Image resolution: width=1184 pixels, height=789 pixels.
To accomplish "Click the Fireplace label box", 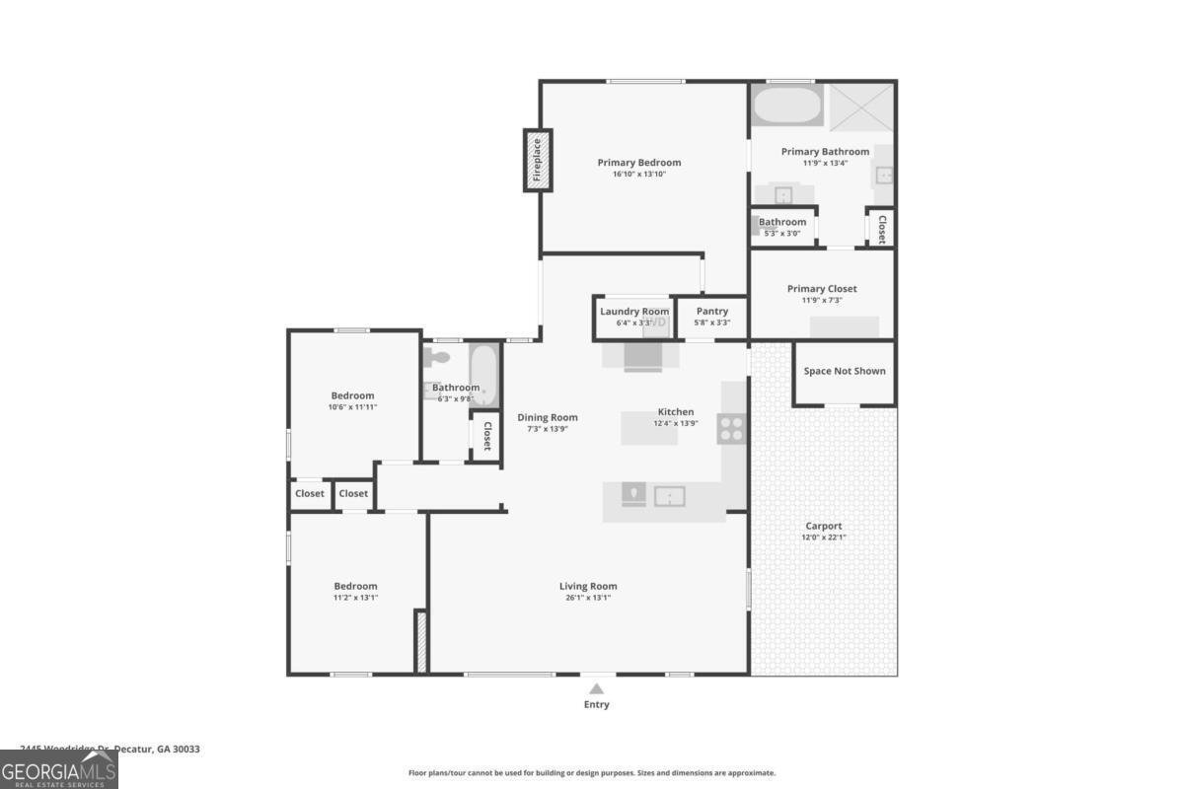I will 538,160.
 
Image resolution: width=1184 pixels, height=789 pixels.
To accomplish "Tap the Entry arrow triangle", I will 596,689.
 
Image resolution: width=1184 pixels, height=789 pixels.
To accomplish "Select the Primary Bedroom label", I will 639,163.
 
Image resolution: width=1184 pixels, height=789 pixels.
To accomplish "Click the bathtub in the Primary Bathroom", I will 786,105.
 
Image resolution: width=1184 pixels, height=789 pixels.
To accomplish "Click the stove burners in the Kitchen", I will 731,428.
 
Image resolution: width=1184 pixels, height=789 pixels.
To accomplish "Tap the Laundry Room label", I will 634,312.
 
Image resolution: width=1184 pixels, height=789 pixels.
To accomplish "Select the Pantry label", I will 712,312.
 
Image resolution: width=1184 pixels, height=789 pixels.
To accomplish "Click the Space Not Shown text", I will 845,371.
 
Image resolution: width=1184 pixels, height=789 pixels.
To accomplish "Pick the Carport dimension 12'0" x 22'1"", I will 824,538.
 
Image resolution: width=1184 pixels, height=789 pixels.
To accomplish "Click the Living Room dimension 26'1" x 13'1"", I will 588,598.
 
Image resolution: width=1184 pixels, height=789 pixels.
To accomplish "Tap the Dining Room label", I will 548,417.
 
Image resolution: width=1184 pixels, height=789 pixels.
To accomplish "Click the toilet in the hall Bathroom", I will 438,358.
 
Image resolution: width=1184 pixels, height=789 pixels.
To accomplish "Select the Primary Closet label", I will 822,289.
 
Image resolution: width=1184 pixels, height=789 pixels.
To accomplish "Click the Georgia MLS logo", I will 58,769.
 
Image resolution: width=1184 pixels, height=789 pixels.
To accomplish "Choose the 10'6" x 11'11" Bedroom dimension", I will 352,406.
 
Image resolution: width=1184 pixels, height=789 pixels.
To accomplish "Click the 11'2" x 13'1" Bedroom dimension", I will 355,597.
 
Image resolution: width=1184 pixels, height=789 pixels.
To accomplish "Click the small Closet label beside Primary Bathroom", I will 881,229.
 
